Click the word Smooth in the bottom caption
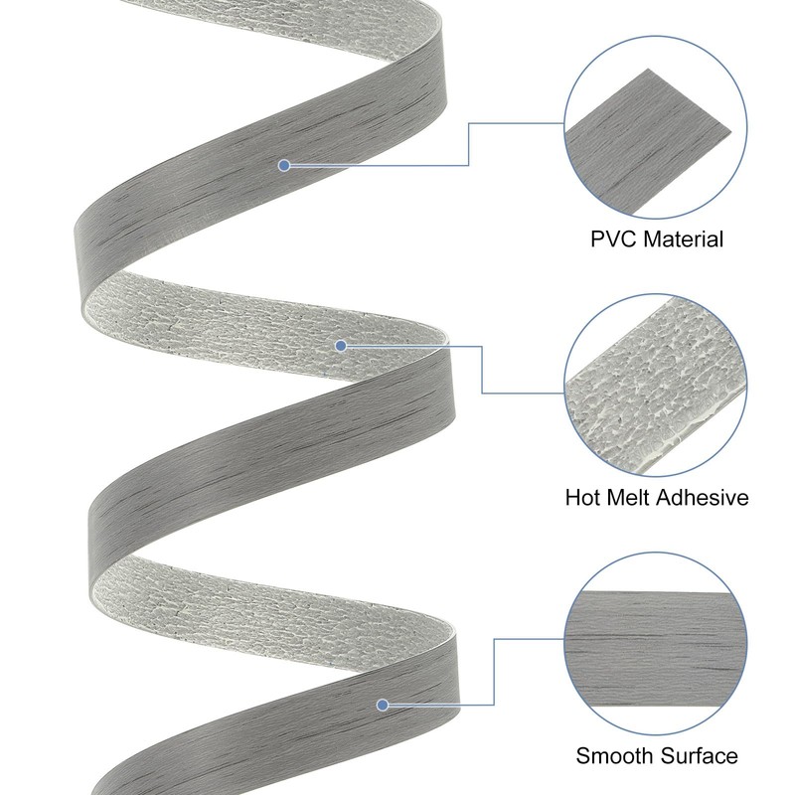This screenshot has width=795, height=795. point(612,756)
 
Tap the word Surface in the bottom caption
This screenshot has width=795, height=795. point(700,756)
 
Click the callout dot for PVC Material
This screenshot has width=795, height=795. point(284,165)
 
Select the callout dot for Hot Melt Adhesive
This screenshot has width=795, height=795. point(341,346)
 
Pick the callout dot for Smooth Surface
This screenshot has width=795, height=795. point(382,705)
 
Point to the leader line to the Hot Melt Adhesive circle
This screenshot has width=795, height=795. point(483,370)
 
